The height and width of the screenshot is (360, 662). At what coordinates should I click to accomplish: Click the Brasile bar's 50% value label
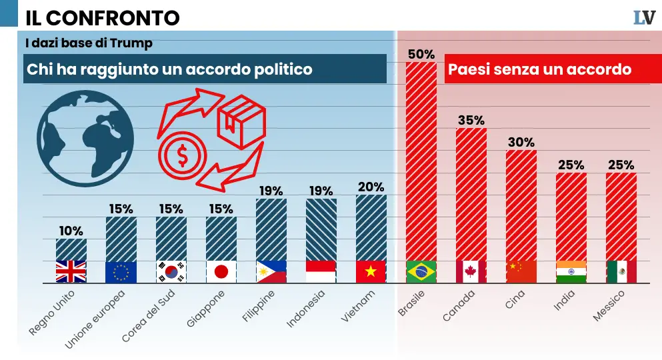[421, 54]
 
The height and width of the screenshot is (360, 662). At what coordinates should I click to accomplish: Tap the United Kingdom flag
[71, 271]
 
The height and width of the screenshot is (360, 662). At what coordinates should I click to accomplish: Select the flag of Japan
[221, 271]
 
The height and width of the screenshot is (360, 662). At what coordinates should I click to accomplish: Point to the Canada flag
[471, 271]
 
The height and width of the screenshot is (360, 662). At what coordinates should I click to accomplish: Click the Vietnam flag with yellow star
[371, 271]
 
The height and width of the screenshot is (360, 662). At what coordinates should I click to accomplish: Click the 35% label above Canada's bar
[471, 120]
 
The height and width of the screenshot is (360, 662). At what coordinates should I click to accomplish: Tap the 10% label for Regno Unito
[71, 231]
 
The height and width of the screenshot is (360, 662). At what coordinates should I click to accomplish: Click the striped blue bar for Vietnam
[371, 227]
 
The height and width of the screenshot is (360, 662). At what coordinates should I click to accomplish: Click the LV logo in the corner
[644, 17]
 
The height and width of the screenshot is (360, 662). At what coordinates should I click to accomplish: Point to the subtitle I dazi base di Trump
[89, 43]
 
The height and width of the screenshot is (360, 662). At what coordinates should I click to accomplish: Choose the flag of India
[571, 271]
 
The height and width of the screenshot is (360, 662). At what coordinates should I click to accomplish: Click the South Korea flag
[171, 271]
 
